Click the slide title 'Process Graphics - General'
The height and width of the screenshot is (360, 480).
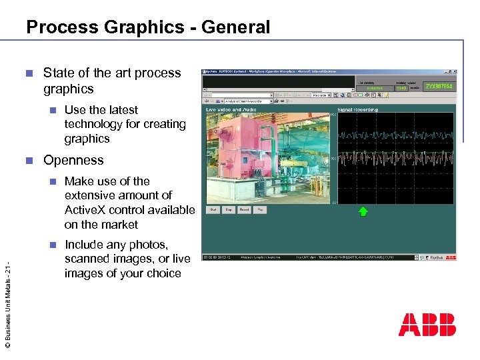pos(148,27)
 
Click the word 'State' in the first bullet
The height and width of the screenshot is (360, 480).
pos(59,73)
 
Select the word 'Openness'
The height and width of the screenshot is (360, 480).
pos(73,160)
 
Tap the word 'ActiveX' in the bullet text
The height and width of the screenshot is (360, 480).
pos(86,210)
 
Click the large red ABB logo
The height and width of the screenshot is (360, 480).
pos(427,325)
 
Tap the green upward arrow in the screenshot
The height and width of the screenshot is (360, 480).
pos(363,212)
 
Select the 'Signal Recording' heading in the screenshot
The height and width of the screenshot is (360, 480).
pos(357,110)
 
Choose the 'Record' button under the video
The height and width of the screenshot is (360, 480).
pos(245,209)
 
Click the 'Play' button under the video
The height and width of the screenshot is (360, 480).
pos(261,209)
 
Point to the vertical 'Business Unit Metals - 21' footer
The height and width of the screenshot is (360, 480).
pos(7,304)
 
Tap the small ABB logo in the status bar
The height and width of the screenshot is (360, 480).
pos(451,257)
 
